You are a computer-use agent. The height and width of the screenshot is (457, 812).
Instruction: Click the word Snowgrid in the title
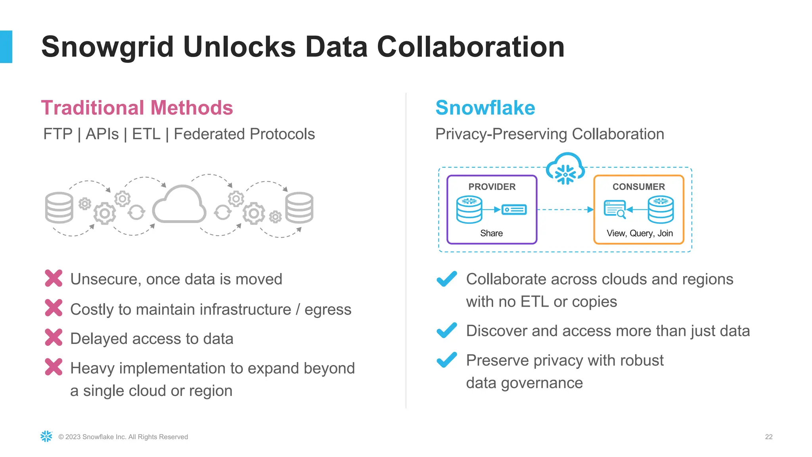(x=107, y=47)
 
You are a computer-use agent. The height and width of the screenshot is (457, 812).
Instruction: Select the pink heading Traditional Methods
(x=137, y=108)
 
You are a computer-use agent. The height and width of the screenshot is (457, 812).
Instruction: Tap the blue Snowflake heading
(x=485, y=108)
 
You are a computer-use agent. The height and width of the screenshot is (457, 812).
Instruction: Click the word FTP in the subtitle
(x=58, y=134)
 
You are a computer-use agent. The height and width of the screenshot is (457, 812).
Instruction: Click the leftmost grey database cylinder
(x=59, y=207)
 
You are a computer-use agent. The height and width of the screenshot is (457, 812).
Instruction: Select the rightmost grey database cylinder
(x=299, y=207)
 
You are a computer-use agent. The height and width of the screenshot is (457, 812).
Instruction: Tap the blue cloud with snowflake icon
(x=565, y=169)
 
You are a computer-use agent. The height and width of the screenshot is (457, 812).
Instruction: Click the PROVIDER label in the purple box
(x=492, y=187)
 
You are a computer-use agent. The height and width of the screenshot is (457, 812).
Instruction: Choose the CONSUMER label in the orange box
(x=638, y=187)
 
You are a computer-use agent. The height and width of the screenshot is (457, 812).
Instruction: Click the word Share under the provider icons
(x=491, y=233)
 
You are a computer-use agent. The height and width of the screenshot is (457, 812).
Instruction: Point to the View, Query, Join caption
(x=640, y=233)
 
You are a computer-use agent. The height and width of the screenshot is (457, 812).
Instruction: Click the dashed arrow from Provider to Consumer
(x=565, y=209)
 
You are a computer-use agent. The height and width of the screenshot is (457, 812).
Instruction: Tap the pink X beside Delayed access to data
(x=54, y=338)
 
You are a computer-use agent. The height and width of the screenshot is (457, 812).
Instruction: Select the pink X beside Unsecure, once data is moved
(x=54, y=278)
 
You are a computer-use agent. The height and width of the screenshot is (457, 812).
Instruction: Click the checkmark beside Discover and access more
(x=446, y=330)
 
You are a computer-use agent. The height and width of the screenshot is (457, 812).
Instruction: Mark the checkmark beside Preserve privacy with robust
(x=446, y=360)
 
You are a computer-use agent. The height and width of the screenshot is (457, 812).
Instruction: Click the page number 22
(x=768, y=437)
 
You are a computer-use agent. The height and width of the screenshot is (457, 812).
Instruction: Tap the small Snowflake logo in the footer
(x=46, y=436)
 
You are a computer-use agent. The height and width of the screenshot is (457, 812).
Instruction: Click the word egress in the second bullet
(x=328, y=310)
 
